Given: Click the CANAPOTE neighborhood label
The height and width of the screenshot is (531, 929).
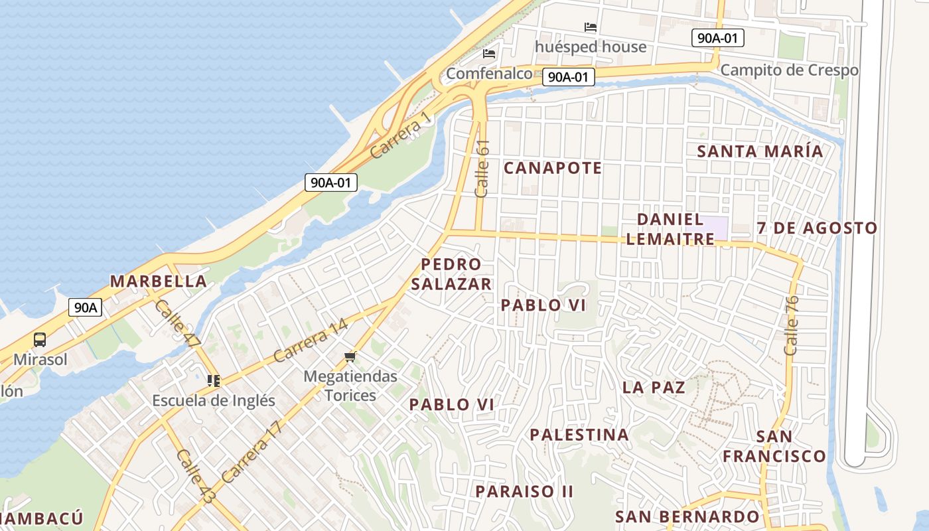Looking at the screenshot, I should tap(553, 168).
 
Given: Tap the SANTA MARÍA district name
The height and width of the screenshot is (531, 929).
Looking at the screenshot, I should tap(760, 151).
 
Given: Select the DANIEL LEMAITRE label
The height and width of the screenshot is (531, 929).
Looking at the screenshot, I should tap(670, 229).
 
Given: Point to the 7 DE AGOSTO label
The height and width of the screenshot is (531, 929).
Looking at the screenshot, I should tap(817, 228).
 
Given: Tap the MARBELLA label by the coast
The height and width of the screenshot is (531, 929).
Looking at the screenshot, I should tap(159, 281).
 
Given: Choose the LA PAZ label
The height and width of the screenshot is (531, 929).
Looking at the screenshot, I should tap(654, 388).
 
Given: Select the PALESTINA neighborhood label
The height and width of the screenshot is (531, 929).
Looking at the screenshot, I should tap(579, 435).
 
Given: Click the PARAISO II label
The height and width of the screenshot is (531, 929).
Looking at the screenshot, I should tap(524, 492).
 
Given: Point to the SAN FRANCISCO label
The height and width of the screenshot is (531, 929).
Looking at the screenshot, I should tap(774, 447).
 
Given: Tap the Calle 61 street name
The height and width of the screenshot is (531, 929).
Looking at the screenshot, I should tap(482, 168).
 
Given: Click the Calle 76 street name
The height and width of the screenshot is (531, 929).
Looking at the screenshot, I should tap(791, 325).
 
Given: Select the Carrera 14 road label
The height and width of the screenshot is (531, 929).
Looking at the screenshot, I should tap(310, 341).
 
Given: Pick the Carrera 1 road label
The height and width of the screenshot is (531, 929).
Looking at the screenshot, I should tap(400, 136).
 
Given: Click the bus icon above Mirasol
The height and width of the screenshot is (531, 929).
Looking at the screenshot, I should tap(40, 340).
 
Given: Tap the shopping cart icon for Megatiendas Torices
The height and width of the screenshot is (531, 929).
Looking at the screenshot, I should tap(350, 357).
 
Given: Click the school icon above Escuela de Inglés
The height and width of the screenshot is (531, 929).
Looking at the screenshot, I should tap(213, 380).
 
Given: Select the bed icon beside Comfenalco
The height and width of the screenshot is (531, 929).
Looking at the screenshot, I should tap(490, 54).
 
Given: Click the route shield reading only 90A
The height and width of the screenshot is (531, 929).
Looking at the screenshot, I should tap(86, 307).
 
